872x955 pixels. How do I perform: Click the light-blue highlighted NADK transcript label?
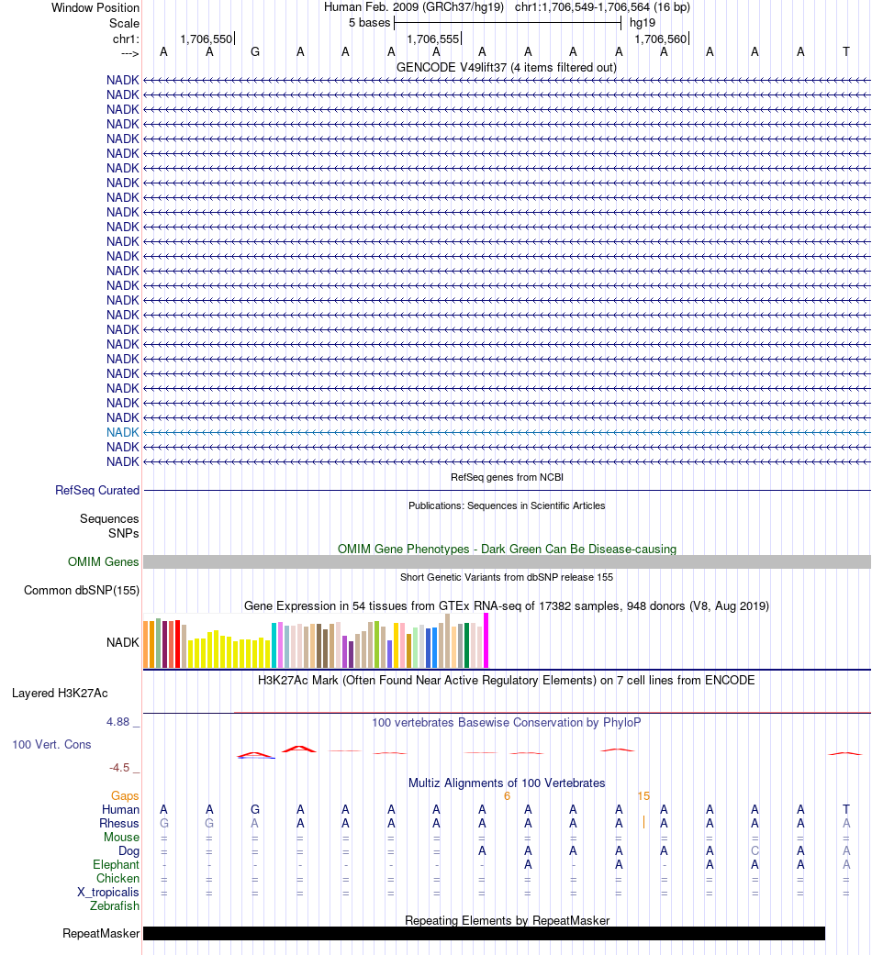point(122,432)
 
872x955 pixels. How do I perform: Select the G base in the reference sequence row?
point(255,52)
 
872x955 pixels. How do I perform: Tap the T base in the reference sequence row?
point(845,52)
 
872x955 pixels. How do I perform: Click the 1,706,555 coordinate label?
point(432,39)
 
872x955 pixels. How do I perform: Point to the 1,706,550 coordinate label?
point(206,39)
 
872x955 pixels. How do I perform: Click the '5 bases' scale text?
point(369,23)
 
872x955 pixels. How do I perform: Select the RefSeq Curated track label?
point(97,490)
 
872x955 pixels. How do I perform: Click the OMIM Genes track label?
point(103,561)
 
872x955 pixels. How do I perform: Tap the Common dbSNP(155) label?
point(82,590)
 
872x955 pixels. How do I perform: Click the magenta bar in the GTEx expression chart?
point(486,640)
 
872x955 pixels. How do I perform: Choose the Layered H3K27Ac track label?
point(60,694)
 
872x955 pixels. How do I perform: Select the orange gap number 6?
point(507,796)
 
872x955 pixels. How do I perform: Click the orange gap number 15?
point(643,796)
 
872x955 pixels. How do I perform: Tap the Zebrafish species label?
point(115,905)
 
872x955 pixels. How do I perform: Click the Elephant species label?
point(116,865)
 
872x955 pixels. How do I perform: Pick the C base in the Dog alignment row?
point(755,850)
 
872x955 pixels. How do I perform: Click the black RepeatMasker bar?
point(484,934)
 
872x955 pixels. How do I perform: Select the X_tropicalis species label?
point(108,893)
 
